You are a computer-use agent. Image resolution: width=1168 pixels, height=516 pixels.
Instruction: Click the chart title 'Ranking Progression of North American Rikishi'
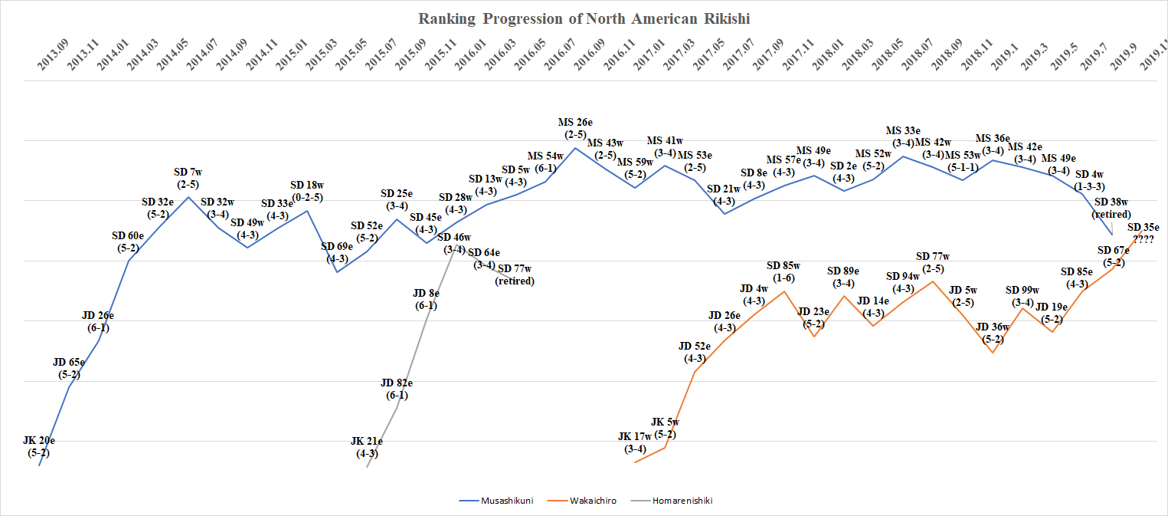coord(584,18)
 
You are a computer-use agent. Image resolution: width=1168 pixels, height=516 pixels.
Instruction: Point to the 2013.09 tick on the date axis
coord(53,58)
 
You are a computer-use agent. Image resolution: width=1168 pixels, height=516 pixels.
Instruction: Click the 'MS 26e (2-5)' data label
coord(575,128)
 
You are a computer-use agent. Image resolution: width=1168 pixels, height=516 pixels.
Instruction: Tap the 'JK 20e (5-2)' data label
coord(39,446)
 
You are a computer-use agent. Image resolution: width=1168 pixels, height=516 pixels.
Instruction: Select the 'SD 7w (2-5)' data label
coord(188,178)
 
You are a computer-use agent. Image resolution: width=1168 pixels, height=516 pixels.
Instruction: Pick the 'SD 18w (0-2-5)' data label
coord(307,191)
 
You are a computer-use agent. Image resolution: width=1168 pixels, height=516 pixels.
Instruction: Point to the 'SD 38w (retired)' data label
coord(1112,208)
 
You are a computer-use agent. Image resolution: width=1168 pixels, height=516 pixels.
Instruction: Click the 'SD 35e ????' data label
coord(1143,233)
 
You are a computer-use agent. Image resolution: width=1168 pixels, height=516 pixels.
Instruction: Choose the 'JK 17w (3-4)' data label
coord(635,442)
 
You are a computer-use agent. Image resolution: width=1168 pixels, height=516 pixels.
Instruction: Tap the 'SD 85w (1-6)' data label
coord(784,271)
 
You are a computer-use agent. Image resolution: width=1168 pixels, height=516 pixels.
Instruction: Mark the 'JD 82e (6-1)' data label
coord(397,389)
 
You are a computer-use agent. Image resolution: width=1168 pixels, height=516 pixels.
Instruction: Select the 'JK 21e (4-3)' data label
coord(367,447)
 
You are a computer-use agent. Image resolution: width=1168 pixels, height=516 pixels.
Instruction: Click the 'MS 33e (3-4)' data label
coord(903,136)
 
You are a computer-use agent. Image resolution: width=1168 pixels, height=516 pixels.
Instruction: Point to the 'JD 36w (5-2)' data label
coord(993,333)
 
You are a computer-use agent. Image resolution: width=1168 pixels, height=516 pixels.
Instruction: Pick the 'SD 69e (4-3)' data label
coord(337,252)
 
